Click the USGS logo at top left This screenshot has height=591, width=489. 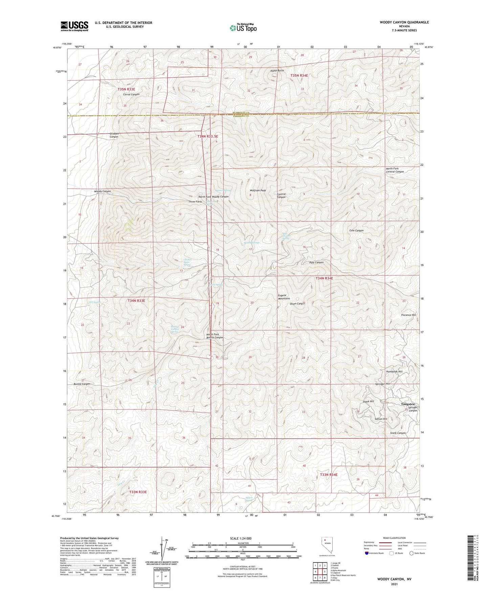point(74,26)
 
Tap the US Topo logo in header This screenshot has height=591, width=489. point(243,28)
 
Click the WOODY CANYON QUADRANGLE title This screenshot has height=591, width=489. point(404,22)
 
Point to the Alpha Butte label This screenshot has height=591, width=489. point(277,70)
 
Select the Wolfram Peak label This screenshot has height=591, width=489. point(258,191)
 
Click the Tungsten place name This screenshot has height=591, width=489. point(407,404)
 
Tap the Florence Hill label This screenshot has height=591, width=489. point(408,315)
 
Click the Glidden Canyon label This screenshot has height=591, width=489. point(114,135)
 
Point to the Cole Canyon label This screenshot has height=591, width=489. point(356,231)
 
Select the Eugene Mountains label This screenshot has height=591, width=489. point(284,297)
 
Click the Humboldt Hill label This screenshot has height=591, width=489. point(394,372)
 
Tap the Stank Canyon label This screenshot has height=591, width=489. point(398,433)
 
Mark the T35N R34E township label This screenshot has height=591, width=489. point(299,75)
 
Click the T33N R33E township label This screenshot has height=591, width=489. point(138,491)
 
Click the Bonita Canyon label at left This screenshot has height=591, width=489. point(82,384)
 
